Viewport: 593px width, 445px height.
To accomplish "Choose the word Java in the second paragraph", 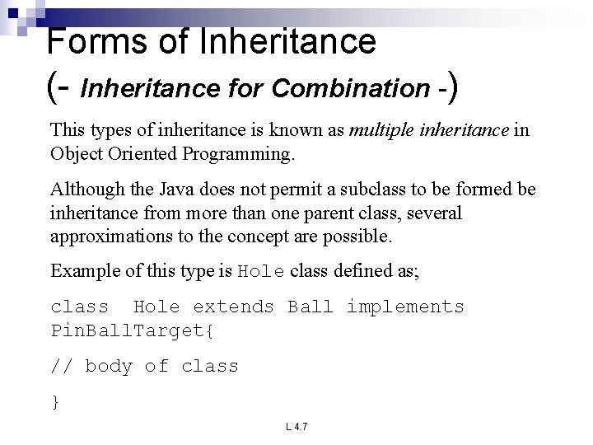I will tap(174, 190).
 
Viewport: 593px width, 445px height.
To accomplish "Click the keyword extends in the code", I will tap(233, 307).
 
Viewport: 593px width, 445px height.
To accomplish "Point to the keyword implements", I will tap(405, 307).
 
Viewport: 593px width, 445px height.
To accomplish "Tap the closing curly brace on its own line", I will tap(55, 401).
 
